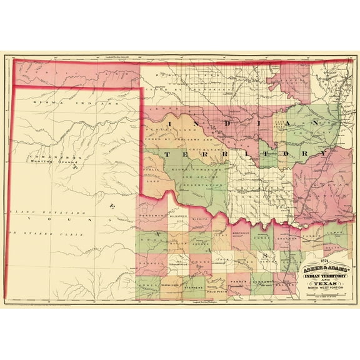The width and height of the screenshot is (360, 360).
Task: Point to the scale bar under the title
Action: (x=323, y=294)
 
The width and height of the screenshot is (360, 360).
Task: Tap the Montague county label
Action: (x=237, y=232)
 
